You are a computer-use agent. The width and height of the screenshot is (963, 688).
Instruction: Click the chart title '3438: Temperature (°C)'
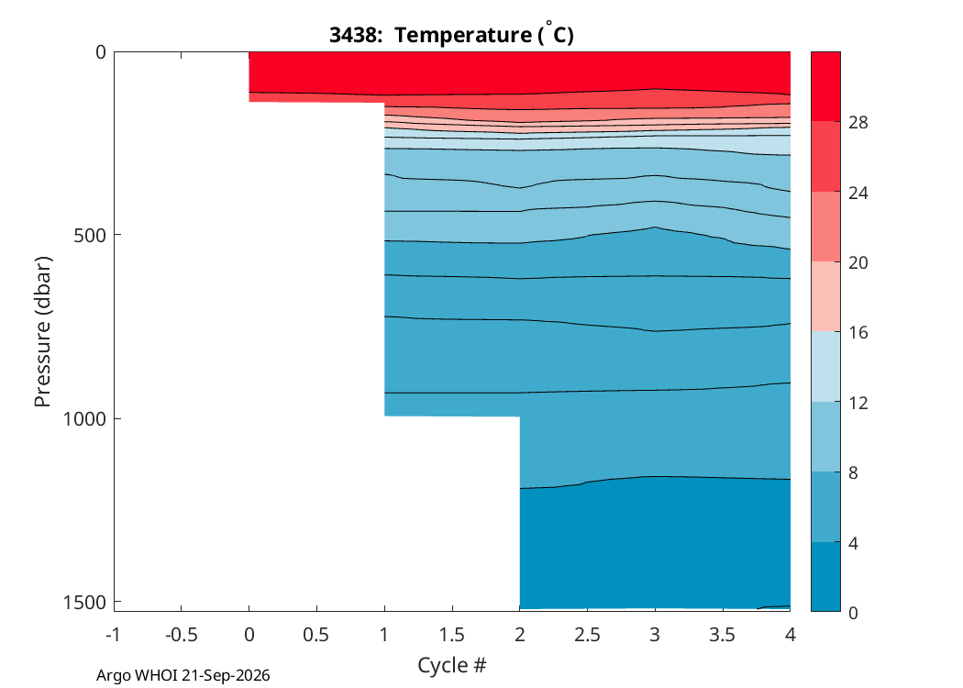point(451,34)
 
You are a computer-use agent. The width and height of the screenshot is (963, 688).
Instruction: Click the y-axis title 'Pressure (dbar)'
point(42,332)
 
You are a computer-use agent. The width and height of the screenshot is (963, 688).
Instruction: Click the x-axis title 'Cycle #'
point(452,665)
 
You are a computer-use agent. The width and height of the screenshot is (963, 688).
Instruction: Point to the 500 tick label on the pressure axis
point(90,236)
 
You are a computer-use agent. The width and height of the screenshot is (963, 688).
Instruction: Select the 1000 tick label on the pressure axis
point(84,419)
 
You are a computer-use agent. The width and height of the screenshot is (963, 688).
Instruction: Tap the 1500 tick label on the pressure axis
point(84,603)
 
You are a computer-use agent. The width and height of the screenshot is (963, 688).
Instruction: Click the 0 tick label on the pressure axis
point(101,53)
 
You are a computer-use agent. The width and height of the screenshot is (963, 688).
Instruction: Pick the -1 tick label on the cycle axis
point(113,635)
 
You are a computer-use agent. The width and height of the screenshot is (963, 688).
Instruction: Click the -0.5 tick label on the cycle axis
point(182,635)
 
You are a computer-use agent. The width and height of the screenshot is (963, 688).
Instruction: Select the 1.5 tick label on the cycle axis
point(452,635)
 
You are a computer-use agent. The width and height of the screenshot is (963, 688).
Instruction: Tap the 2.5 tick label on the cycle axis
point(587,635)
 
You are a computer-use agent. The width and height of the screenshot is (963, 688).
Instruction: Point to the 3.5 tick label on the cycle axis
point(723,635)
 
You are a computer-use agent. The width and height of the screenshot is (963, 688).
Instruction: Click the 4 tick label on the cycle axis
point(791,635)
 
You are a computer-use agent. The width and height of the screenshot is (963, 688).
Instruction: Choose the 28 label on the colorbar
point(858,123)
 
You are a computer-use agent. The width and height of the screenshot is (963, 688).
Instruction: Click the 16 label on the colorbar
point(858,333)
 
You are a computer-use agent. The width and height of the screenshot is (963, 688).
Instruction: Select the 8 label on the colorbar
point(853,473)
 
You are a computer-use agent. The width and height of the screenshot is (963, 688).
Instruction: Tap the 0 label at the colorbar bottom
point(853,613)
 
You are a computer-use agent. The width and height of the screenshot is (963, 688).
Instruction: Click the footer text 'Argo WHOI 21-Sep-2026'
point(183,676)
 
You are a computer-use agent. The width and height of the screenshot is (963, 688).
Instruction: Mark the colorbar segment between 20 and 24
point(825,227)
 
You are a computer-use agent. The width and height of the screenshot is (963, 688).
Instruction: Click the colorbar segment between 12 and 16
point(825,367)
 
